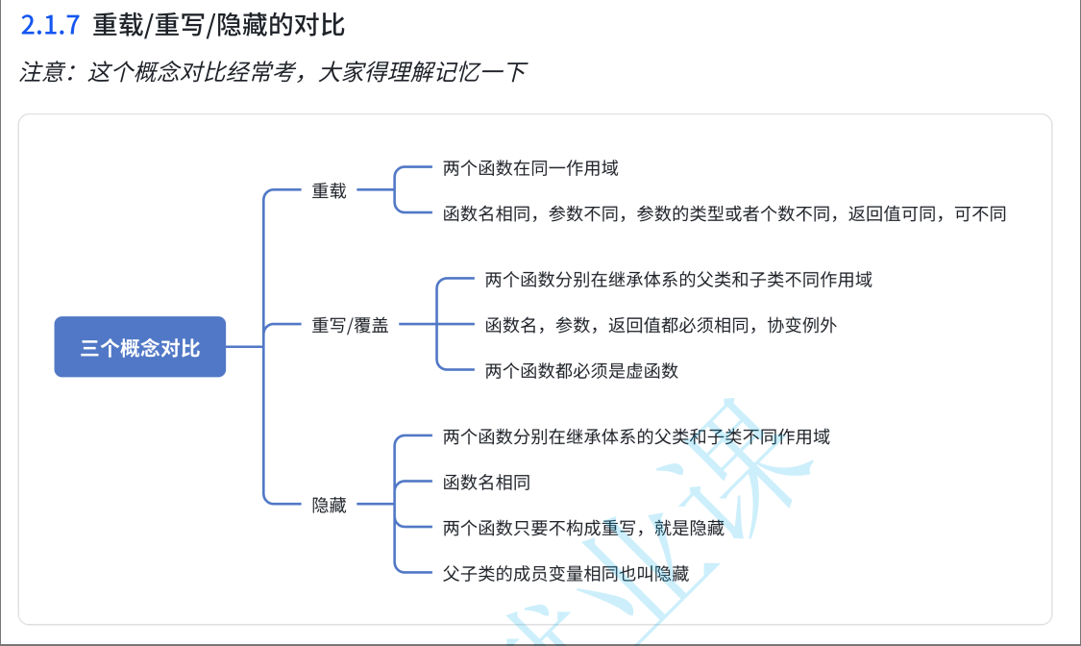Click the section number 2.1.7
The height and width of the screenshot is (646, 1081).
(x=49, y=25)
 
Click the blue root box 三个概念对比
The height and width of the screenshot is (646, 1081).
(x=140, y=347)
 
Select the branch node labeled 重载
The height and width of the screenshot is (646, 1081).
(x=329, y=190)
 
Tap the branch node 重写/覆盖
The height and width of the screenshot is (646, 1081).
(x=350, y=325)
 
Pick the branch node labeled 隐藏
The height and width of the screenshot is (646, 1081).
(x=329, y=505)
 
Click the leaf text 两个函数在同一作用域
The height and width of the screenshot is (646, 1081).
(x=530, y=168)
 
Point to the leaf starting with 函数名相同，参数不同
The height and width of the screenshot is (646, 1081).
(x=725, y=213)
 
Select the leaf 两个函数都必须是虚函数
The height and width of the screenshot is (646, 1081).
(x=581, y=370)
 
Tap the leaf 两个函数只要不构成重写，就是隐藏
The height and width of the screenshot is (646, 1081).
(x=583, y=527)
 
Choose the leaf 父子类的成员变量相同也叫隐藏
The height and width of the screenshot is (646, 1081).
(x=566, y=574)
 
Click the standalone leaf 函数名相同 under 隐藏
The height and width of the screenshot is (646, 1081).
(x=486, y=482)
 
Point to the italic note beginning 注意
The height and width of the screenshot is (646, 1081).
(x=273, y=72)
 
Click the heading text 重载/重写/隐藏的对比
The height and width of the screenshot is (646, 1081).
(x=218, y=25)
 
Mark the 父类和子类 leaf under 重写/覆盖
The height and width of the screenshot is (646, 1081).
(x=678, y=280)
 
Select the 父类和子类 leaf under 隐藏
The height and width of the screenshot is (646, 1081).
(x=636, y=436)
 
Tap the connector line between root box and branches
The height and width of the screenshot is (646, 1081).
(x=244, y=347)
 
